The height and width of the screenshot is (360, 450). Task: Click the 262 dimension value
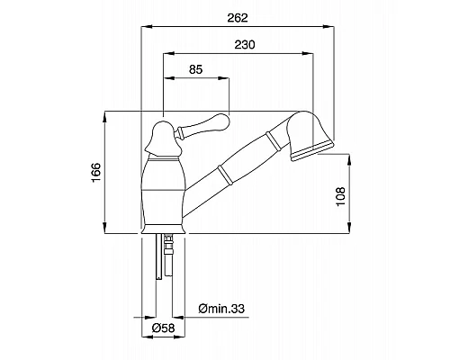pos(238,18)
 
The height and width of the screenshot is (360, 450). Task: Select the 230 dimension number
pos(245,45)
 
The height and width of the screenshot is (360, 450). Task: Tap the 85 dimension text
pos(196,69)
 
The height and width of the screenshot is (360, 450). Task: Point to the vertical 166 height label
pos(96,173)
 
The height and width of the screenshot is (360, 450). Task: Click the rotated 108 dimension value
pos(341,196)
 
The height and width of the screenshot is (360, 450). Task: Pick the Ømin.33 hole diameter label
pos(221,309)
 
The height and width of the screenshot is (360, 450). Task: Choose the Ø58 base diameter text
pos(163,328)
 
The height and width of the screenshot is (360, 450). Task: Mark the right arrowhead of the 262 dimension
pos(328,27)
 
